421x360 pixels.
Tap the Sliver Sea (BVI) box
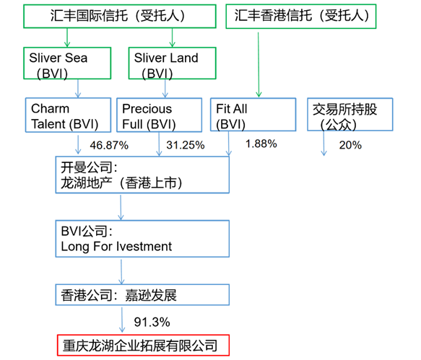[x=67, y=63]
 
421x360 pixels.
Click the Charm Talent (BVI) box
[x=67, y=116]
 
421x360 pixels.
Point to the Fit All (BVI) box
[x=253, y=116]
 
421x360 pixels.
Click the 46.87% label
[x=109, y=145]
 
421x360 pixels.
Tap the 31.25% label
[x=186, y=145]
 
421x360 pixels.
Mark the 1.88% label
[x=261, y=144]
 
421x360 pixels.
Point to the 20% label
[x=350, y=145]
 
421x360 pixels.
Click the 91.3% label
[x=152, y=320]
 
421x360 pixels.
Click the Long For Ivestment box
[x=142, y=239]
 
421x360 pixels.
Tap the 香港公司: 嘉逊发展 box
[x=142, y=295]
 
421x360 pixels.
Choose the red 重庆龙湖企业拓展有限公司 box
[x=142, y=343]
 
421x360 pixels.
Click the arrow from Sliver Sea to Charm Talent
[x=77, y=88]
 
